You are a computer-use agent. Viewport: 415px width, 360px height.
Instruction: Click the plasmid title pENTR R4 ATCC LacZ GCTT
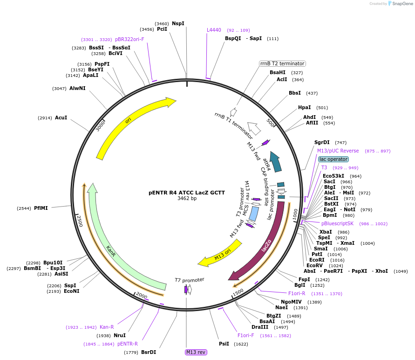point(187,192)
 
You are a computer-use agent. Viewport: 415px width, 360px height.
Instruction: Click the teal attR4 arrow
point(276,161)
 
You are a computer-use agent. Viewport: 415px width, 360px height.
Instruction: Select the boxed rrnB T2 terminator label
point(282,63)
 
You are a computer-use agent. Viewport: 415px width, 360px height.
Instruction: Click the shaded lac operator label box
point(333,159)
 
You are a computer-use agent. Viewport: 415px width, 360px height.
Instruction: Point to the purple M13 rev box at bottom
point(196,352)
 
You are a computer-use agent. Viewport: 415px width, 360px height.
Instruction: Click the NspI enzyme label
point(178,23)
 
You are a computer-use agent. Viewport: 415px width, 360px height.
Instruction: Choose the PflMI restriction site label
point(41,208)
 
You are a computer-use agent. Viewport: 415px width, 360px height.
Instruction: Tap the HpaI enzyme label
point(304,108)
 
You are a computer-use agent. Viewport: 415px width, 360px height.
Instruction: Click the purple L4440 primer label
point(214,30)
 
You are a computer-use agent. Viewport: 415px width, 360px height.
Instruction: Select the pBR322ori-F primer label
point(129,40)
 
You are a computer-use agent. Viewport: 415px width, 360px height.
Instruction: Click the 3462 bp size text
point(187,198)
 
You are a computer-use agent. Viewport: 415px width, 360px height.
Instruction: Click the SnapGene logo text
point(401,4)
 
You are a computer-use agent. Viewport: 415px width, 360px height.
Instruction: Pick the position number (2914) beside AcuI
point(45,118)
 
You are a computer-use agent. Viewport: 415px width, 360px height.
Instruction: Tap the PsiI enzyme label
point(224,344)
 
